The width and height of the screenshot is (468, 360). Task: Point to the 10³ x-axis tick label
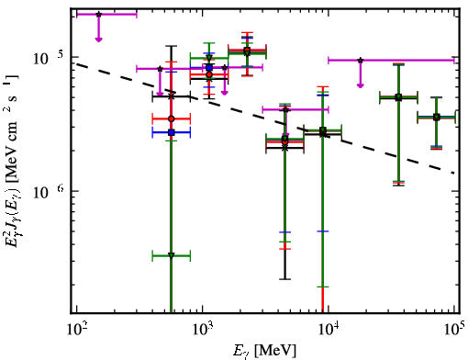[203, 330]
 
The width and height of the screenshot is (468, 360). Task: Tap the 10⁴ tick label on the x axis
[329, 330]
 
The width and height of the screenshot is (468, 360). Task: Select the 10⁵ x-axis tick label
[454, 330]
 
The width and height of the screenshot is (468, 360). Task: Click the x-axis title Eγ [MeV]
[264, 351]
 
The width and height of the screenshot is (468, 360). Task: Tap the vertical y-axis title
[13, 163]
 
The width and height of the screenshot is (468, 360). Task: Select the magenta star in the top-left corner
[98, 15]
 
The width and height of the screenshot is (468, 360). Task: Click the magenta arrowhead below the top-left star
[98, 39]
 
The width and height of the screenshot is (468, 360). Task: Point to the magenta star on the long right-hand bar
[361, 61]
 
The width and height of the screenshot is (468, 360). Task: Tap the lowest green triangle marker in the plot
[172, 255]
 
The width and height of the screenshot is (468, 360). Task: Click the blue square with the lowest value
[172, 132]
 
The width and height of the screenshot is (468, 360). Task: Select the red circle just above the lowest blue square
[172, 118]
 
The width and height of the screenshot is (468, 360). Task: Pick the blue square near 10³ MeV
[209, 67]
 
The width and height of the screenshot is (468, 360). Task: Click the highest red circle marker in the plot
[247, 50]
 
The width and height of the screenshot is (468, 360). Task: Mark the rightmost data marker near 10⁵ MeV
[437, 118]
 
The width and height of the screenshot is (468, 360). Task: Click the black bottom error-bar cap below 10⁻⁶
[285, 279]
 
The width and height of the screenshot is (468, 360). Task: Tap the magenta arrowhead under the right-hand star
[361, 85]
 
